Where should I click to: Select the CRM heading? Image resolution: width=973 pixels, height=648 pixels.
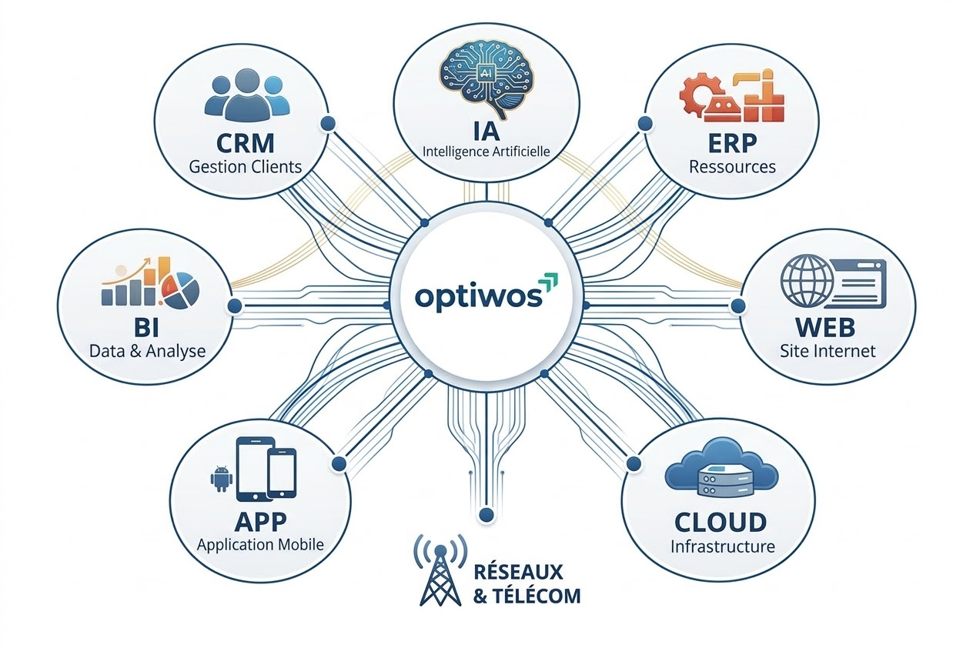[x=246, y=143]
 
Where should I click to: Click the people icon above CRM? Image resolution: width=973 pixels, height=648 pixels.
[x=246, y=97]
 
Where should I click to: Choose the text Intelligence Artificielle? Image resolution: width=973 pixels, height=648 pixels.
[x=486, y=151]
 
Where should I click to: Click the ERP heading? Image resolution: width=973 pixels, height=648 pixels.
[x=732, y=143]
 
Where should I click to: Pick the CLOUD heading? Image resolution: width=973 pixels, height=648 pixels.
[x=721, y=523]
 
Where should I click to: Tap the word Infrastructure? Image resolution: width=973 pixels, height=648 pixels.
[x=722, y=547]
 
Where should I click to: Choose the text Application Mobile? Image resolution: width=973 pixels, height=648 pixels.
[x=260, y=545]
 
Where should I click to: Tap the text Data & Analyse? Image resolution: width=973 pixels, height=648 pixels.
[x=148, y=351]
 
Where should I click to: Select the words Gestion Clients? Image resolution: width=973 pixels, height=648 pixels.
[x=246, y=166]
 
